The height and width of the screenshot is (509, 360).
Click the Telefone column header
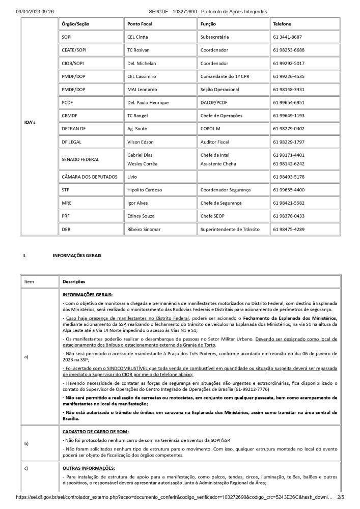282,24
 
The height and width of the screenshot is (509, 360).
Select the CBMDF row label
70,116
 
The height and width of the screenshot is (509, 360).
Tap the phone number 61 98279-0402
289,129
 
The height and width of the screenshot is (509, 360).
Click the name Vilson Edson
141,142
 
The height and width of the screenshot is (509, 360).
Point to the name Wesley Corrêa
143,164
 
